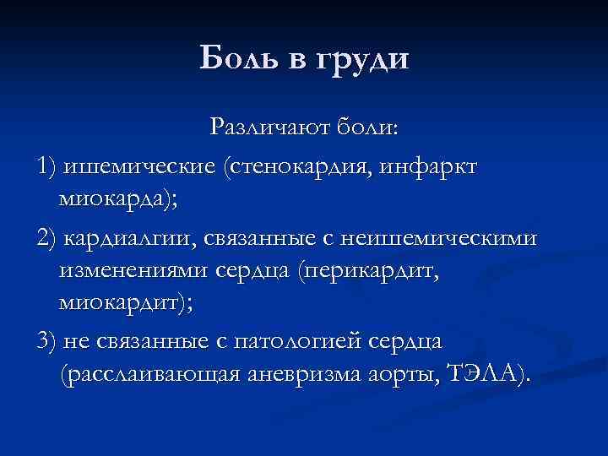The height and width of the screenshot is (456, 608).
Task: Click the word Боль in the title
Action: (x=238, y=58)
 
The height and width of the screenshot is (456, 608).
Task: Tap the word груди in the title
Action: (x=362, y=60)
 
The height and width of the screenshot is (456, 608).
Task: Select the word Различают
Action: (x=269, y=128)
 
